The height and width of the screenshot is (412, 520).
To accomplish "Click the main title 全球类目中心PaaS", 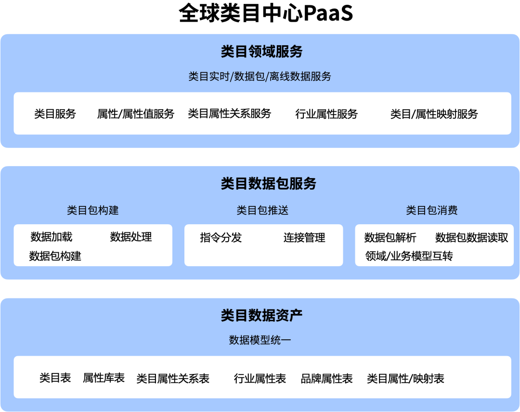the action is click(x=266, y=13).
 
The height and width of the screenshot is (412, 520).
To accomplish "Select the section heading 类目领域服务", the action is click(x=261, y=51).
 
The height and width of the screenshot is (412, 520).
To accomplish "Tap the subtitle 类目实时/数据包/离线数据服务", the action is click(x=260, y=77).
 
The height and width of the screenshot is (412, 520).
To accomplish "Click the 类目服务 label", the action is click(x=55, y=114).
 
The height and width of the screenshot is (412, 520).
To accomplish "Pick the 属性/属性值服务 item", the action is click(x=136, y=114).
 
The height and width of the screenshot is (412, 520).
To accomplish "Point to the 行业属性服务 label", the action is click(x=326, y=114).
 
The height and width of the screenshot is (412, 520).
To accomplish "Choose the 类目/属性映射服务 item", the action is click(x=434, y=114).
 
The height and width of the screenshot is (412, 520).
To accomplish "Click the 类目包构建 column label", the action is click(x=92, y=210).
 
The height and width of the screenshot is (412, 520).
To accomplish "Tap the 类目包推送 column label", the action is click(x=262, y=210).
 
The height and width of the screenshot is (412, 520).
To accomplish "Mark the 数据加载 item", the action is click(x=52, y=237).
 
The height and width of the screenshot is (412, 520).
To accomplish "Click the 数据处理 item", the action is click(x=131, y=237).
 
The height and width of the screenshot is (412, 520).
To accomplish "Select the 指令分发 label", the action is click(x=221, y=238).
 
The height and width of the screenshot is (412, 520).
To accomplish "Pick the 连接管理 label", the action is click(x=304, y=238).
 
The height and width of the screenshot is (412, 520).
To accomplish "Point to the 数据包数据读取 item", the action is click(x=471, y=238).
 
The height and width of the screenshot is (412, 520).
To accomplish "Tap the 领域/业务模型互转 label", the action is click(x=409, y=256).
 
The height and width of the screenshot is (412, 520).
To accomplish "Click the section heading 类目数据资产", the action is click(x=261, y=315).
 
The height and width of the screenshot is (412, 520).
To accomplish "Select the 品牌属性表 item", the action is click(x=326, y=379).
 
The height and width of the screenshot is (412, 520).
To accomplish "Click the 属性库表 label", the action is click(x=104, y=378).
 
